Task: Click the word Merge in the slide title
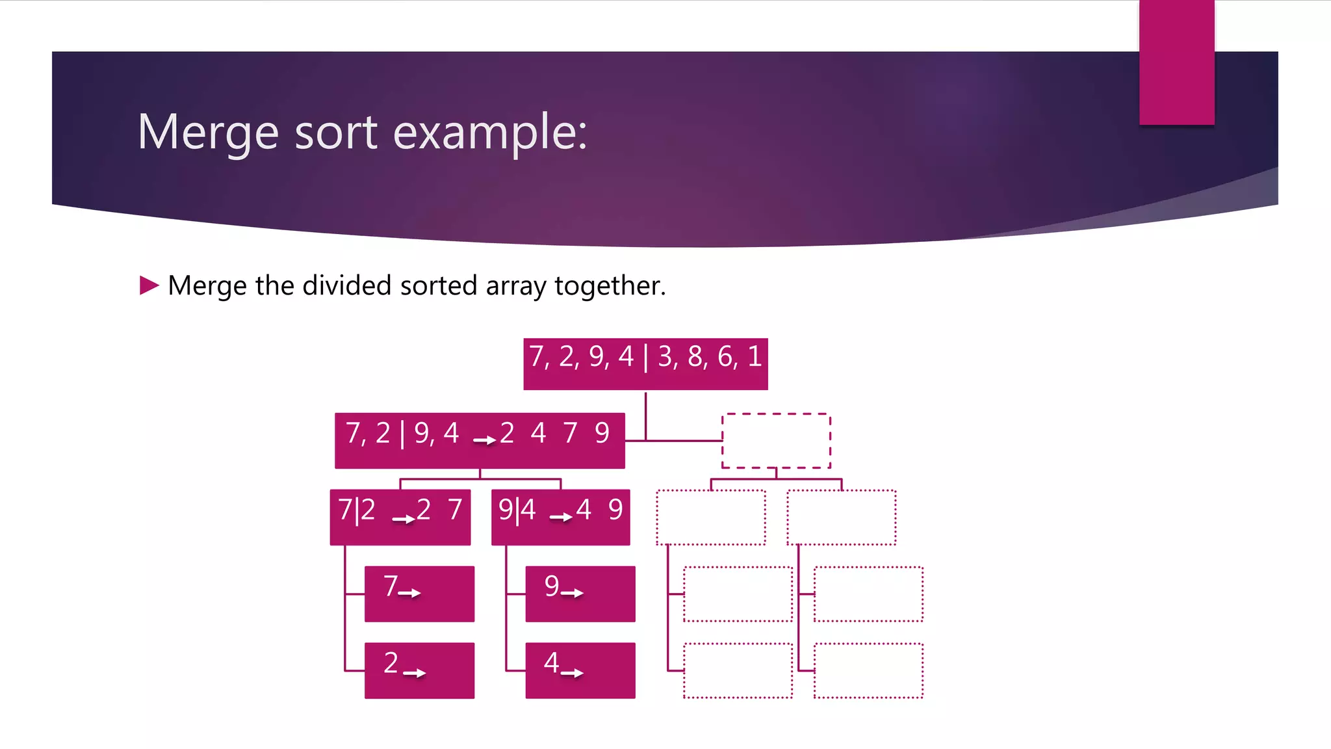208,132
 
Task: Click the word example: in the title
490,132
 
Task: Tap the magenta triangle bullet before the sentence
149,285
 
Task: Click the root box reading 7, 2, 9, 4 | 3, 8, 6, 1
645,363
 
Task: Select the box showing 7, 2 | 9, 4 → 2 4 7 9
480,440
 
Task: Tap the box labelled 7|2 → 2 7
400,517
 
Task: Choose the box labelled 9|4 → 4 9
560,517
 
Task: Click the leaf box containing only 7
419,594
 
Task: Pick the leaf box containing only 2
419,670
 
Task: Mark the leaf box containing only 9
580,594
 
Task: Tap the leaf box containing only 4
580,670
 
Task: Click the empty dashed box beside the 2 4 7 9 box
776,440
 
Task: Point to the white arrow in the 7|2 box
404,519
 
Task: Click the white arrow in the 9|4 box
561,518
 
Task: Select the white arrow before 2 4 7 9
485,440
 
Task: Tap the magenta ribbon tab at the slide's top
1176,62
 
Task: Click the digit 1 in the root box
755,356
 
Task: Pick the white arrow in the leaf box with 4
572,673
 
